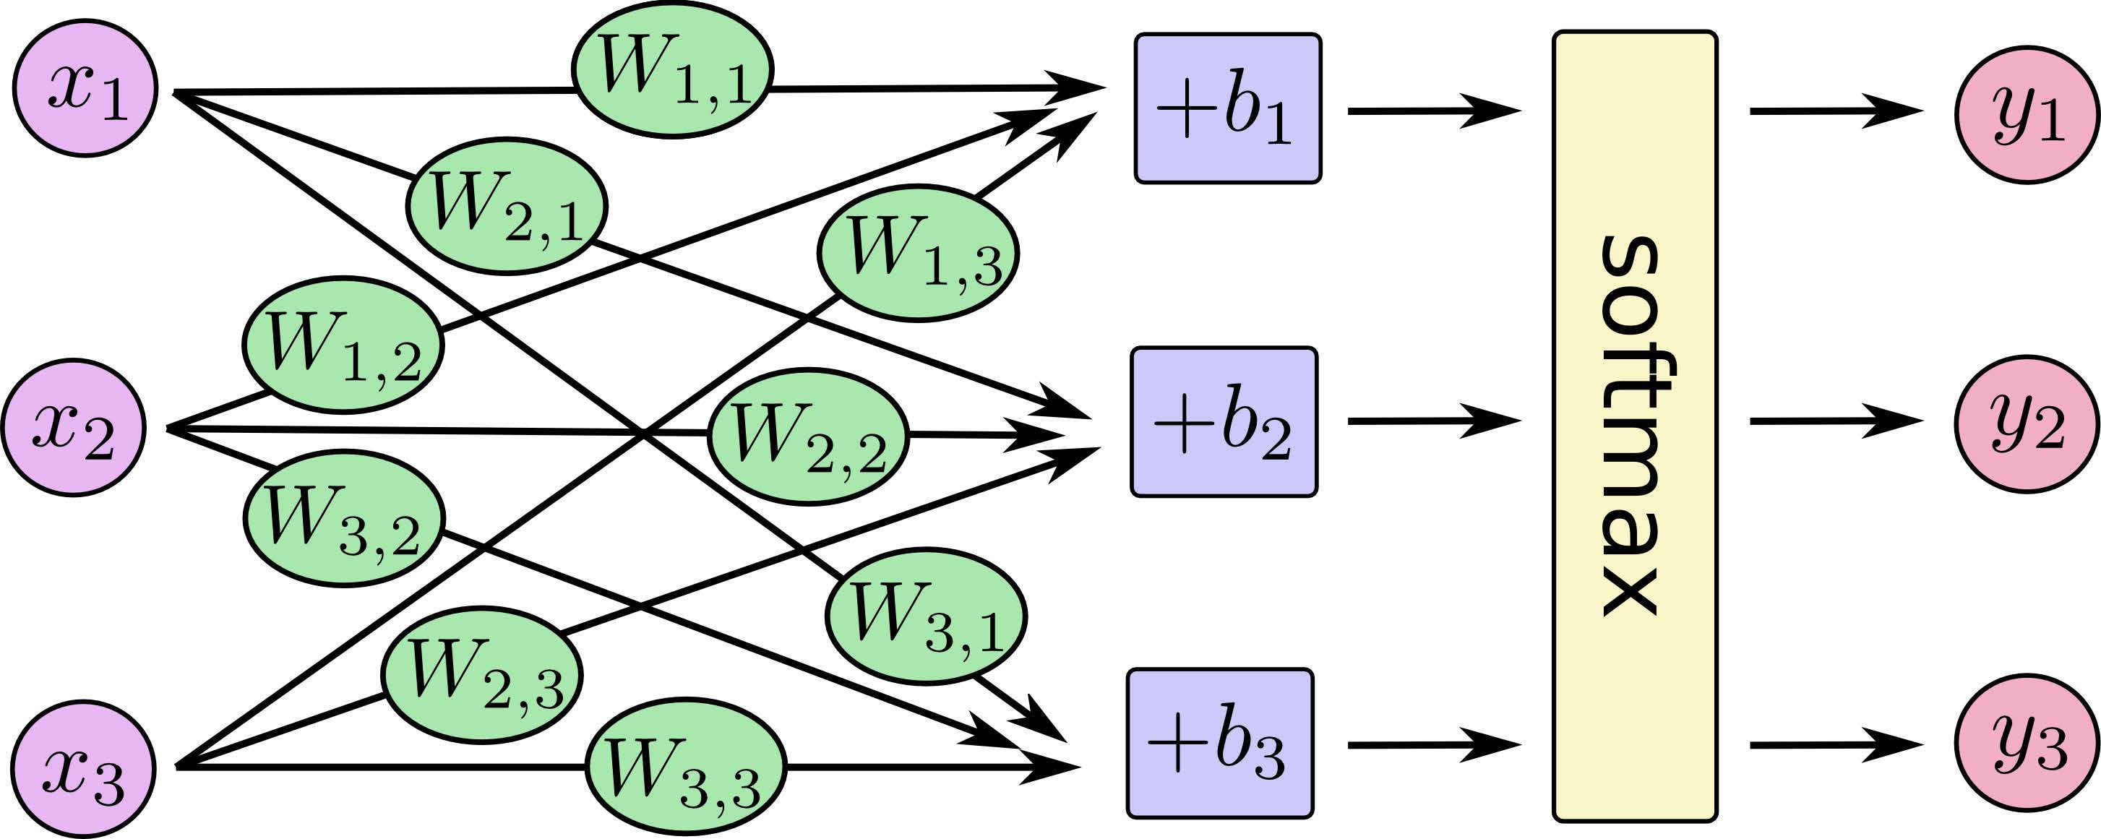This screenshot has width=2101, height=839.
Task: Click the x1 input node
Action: point(85,88)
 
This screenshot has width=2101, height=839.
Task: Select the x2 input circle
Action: point(74,427)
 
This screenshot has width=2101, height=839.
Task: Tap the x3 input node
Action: point(83,767)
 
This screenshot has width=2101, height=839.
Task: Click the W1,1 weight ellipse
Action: point(672,69)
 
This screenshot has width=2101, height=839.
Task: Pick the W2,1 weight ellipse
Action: point(507,205)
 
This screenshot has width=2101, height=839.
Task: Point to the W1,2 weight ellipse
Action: point(343,345)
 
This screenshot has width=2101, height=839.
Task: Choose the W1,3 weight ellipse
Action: point(918,253)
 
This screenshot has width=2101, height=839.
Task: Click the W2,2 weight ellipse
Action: point(807,437)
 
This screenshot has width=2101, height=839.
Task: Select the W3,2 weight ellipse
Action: point(344,517)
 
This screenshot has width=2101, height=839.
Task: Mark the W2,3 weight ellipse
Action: point(482,675)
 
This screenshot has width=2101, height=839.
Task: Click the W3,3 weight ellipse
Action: point(686,767)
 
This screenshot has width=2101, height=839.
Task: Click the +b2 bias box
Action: point(1224,422)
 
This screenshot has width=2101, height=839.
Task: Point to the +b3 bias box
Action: point(1221,744)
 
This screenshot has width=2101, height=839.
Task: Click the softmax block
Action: point(1636,426)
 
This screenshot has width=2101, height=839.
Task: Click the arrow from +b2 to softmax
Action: point(1435,421)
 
